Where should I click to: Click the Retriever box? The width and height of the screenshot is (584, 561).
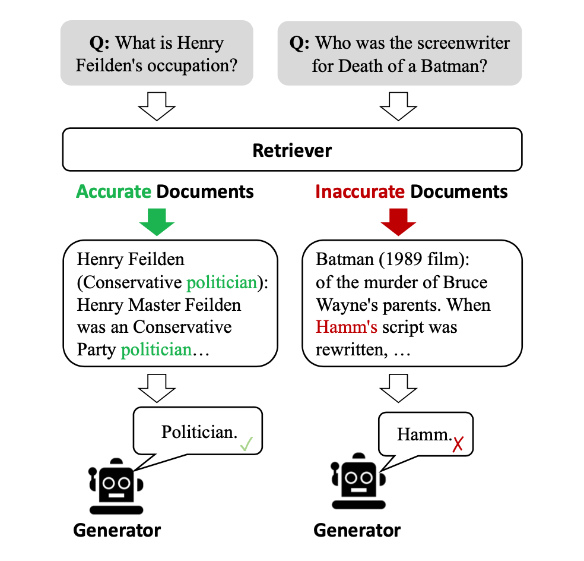click(x=292, y=150)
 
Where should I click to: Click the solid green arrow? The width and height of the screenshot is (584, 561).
click(x=157, y=222)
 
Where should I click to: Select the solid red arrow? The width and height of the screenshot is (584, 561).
click(x=398, y=222)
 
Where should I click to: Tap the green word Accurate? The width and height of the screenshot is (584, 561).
click(x=114, y=191)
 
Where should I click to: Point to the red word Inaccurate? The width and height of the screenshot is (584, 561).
click(x=360, y=191)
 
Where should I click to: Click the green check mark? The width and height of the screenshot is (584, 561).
click(x=246, y=443)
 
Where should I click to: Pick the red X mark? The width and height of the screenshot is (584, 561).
click(x=457, y=444)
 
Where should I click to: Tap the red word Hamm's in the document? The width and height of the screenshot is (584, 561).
click(x=347, y=327)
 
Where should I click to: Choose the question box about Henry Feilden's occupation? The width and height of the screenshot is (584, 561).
click(x=157, y=53)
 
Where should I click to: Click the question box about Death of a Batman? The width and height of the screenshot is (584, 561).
click(x=399, y=53)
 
